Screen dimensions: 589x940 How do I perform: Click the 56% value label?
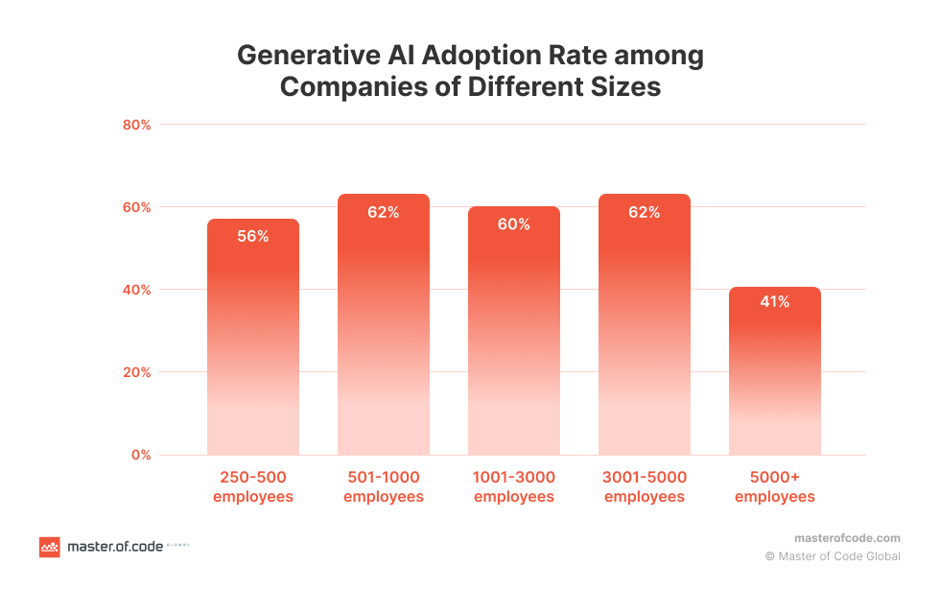pyautogui.click(x=253, y=236)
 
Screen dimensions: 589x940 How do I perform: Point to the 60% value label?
pyautogui.click(x=514, y=224)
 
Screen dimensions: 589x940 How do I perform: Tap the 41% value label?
pyautogui.click(x=775, y=302)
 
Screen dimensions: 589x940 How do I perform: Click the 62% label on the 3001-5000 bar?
pyautogui.click(x=645, y=213)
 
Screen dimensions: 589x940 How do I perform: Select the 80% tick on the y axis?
pyautogui.click(x=137, y=125)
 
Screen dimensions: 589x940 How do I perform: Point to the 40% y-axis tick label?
pyautogui.click(x=137, y=290)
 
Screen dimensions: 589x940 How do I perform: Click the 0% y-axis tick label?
pyautogui.click(x=141, y=455)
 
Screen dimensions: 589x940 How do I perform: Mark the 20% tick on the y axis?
pyautogui.click(x=137, y=372)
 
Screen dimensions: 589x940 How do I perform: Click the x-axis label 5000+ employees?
pyautogui.click(x=775, y=487)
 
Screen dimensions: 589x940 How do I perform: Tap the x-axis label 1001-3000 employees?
pyautogui.click(x=514, y=487)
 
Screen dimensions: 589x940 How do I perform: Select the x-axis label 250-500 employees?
pyautogui.click(x=253, y=487)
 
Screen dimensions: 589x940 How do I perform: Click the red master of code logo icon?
pyautogui.click(x=49, y=547)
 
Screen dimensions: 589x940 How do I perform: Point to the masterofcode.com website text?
pyautogui.click(x=848, y=538)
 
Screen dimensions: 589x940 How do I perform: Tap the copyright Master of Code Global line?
pyautogui.click(x=833, y=556)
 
